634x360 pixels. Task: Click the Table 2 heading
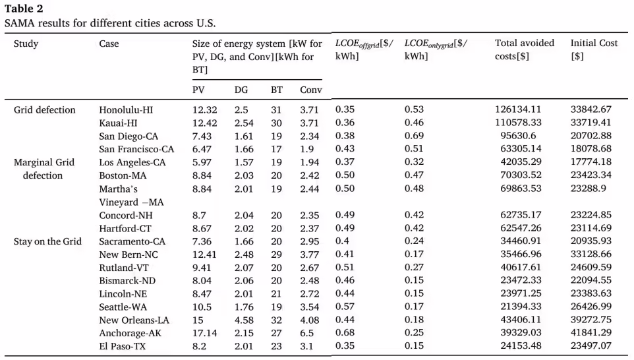pos(24,9)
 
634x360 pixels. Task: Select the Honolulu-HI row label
pos(126,109)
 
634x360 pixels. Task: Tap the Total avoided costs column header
pos(525,49)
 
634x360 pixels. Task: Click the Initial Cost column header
pos(594,49)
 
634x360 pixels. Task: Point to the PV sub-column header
pos(198,90)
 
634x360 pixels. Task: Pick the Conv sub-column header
pos(310,90)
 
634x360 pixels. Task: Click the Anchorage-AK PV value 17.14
pos(204,333)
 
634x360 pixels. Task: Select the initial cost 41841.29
pos(591,332)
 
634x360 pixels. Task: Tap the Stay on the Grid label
pos(47,241)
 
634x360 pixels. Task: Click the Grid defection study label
pos(44,109)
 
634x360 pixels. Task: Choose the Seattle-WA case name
pos(123,307)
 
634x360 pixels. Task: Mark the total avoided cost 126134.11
pos(517,109)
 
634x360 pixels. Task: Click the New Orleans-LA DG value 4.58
pos(244,320)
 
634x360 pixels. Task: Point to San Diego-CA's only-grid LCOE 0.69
pos(414,136)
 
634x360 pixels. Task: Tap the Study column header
pos(26,44)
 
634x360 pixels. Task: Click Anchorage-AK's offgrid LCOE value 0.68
pos(345,332)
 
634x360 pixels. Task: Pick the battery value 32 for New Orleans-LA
pos(276,320)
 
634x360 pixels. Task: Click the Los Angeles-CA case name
pos(132,162)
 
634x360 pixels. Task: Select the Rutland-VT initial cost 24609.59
pos(591,267)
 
